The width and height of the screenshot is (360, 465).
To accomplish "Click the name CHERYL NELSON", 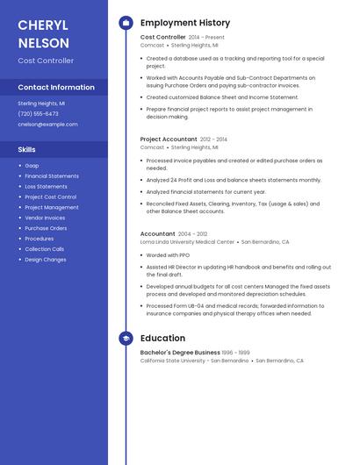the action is click(43, 32).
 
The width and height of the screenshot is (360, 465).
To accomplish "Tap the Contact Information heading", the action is click(56, 88).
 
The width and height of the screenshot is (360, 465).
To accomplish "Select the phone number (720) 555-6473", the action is click(38, 113).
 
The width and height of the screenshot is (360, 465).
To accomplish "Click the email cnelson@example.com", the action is click(47, 125).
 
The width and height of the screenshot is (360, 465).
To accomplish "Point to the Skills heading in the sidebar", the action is click(26, 149).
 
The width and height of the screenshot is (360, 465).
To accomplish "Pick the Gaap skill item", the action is click(32, 166).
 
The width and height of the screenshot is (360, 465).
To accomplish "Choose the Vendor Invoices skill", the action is click(45, 218).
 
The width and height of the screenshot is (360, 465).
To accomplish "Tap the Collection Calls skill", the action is click(44, 249).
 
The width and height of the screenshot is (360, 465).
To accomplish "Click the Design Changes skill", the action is click(45, 260).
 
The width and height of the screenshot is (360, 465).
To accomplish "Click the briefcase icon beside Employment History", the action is click(126, 23).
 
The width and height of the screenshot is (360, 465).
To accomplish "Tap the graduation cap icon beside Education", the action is click(126, 339).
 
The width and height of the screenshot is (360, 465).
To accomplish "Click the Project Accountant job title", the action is click(169, 139).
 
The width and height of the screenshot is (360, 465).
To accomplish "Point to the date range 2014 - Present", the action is click(206, 38).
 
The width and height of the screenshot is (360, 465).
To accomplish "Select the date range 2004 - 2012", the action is click(192, 234).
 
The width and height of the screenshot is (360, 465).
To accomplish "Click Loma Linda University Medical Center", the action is click(187, 241).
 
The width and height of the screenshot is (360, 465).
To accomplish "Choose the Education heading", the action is click(162, 339).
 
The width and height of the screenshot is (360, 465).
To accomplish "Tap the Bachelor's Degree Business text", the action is click(180, 353).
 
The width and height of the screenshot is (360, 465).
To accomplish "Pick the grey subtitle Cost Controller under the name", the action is click(46, 61).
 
